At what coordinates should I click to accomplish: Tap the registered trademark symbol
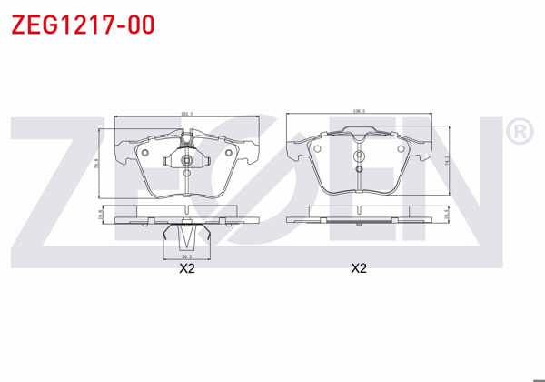(519, 134)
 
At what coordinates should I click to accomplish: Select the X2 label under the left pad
(187, 268)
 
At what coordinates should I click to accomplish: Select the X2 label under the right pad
(359, 268)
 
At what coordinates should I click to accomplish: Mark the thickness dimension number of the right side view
(446, 215)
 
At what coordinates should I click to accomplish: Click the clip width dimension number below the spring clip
(186, 256)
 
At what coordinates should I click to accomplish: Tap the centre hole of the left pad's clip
(186, 162)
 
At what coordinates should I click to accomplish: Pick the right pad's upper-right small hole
(401, 150)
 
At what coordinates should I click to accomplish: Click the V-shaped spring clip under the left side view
(186, 238)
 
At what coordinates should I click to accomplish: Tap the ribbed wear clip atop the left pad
(186, 141)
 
